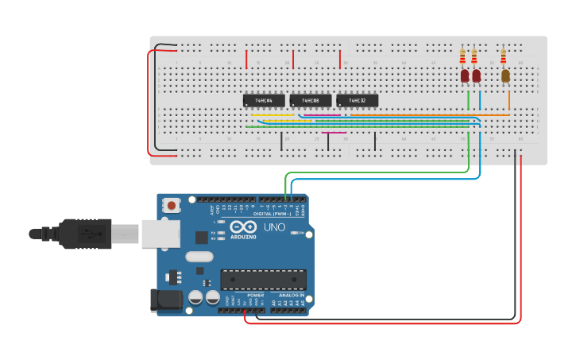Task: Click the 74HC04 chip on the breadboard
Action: pos(263,100)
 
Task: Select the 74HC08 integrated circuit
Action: pos(310,100)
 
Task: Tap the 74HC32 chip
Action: pos(357,100)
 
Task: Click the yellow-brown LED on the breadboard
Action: pos(505,75)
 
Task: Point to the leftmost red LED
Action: pos(465,75)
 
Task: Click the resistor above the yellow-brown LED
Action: pos(503,56)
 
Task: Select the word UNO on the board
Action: pos(273,227)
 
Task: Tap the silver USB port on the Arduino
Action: pos(160,234)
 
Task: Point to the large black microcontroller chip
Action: pos(263,280)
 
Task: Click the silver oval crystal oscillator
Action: pos(200,257)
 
